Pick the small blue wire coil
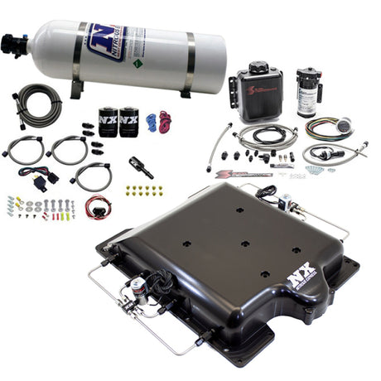(x=151, y=122)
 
